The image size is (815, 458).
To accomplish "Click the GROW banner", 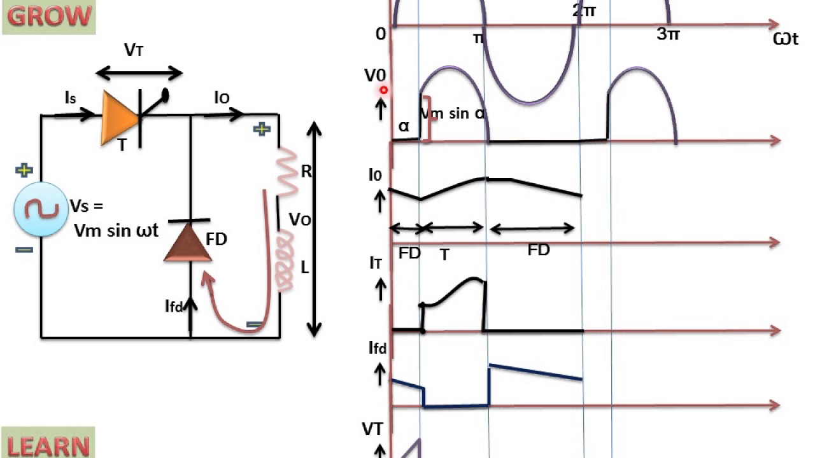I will pyautogui.click(x=49, y=17).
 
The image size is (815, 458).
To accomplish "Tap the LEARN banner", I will pyautogui.click(x=48, y=443).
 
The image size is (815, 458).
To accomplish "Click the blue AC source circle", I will pyautogui.click(x=41, y=210).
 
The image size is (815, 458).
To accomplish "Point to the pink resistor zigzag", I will pyautogui.click(x=288, y=172).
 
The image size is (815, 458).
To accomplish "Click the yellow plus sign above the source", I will pyautogui.click(x=24, y=170).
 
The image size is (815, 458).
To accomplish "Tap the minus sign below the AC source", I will pyautogui.click(x=24, y=250).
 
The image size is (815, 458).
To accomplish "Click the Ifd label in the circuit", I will pyautogui.click(x=174, y=307).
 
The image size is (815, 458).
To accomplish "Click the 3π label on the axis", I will pyautogui.click(x=668, y=34).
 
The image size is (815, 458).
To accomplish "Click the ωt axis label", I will pyautogui.click(x=786, y=39).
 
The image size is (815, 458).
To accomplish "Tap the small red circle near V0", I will pyautogui.click(x=384, y=90).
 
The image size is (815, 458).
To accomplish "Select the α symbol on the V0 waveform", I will pyautogui.click(x=404, y=125).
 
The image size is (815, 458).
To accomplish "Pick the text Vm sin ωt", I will pyautogui.click(x=116, y=230).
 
